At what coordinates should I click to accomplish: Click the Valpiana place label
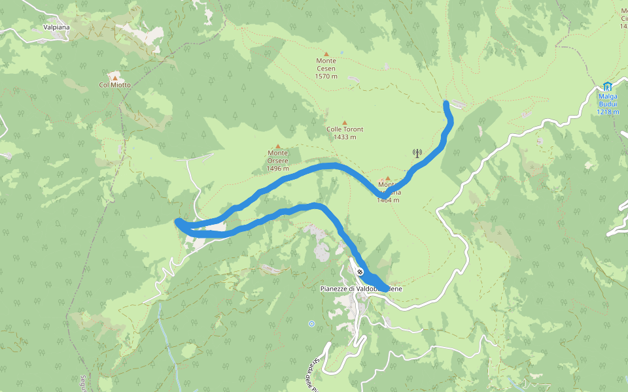click(56, 27)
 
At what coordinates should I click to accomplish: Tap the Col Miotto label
click(115, 85)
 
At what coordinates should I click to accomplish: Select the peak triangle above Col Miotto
click(115, 77)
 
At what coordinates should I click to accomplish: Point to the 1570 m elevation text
click(326, 76)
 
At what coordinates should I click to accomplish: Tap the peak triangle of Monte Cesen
click(326, 54)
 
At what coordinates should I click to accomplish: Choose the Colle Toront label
click(345, 129)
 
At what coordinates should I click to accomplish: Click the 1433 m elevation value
click(345, 137)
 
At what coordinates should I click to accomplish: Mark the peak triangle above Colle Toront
click(345, 122)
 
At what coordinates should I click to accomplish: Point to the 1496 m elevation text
click(277, 169)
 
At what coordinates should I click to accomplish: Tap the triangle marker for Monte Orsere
click(277, 146)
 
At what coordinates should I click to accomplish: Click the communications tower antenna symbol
click(417, 154)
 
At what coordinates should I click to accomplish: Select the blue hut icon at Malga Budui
click(607, 86)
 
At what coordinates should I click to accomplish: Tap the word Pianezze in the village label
click(336, 289)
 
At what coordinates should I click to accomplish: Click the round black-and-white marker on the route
click(360, 272)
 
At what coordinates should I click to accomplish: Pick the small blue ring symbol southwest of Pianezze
click(311, 323)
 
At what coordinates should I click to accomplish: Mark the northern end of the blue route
click(446, 103)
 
